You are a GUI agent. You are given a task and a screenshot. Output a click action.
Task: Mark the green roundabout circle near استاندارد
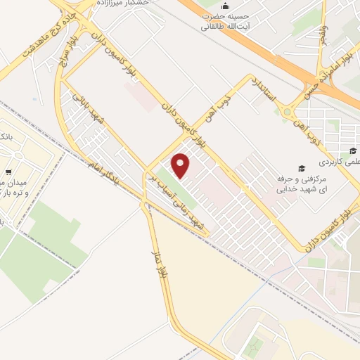point(288,112)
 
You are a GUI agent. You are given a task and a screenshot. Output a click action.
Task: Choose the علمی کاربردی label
point(338,161)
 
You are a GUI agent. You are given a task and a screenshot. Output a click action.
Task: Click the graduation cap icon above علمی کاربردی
point(352,150)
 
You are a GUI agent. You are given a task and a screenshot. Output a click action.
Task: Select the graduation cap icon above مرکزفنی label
point(302,169)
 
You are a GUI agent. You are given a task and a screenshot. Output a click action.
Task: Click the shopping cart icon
point(7,172)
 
